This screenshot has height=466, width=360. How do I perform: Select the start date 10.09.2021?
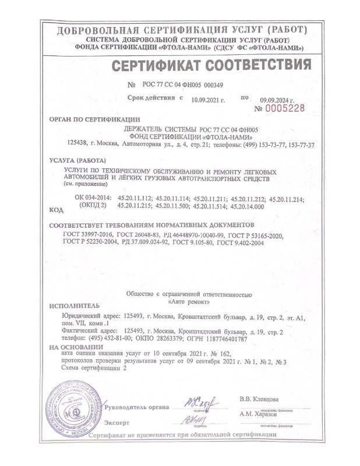(x=209, y=99)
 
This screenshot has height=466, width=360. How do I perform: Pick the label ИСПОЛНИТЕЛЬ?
(x=75, y=305)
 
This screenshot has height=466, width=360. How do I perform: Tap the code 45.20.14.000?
(x=248, y=206)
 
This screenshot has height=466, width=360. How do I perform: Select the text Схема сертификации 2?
(x=93, y=369)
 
